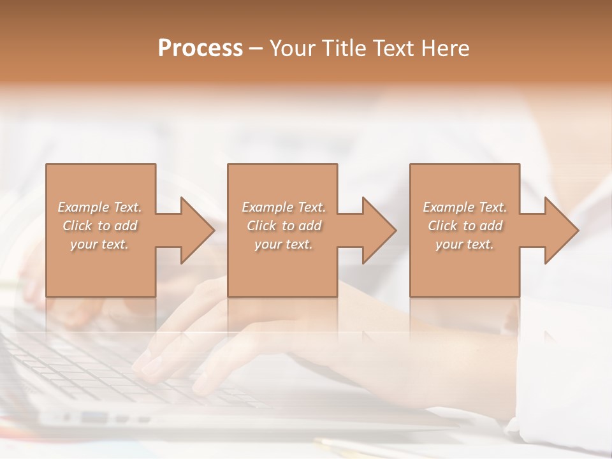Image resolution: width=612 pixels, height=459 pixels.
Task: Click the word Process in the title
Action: tap(200, 48)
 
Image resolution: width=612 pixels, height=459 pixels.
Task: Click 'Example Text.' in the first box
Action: tap(100, 207)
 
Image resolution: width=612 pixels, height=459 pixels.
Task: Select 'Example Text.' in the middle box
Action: tap(284, 207)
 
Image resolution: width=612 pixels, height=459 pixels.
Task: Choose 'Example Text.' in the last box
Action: tap(465, 207)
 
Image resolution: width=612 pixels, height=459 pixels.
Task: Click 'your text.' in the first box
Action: tap(100, 244)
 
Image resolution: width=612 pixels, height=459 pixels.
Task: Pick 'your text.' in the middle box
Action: tap(284, 244)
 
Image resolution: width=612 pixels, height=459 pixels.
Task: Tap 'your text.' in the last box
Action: tap(465, 244)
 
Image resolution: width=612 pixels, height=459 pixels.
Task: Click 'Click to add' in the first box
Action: tap(100, 226)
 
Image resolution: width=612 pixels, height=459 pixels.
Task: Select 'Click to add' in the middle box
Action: tap(284, 226)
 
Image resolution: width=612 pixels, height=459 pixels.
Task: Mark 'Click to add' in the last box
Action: tap(465, 226)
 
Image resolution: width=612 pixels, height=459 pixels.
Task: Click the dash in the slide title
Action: tap(256, 48)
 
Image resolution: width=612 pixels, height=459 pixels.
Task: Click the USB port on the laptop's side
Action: tap(94, 417)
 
